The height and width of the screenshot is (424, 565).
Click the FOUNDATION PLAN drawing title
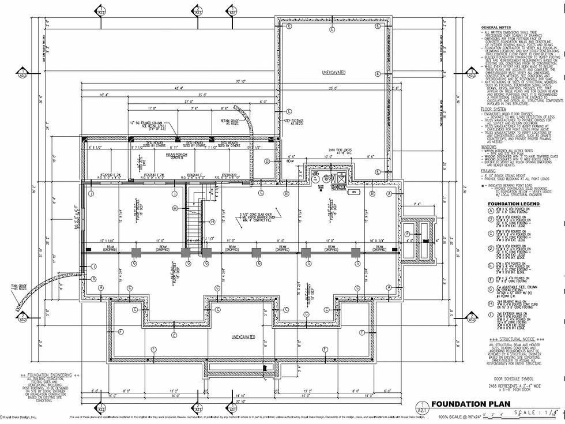pyautogui.click(x=470, y=404)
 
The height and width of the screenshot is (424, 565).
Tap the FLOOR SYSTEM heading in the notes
pyautogui.click(x=494, y=108)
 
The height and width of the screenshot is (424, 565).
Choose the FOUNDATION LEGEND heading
pyautogui.click(x=513, y=204)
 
